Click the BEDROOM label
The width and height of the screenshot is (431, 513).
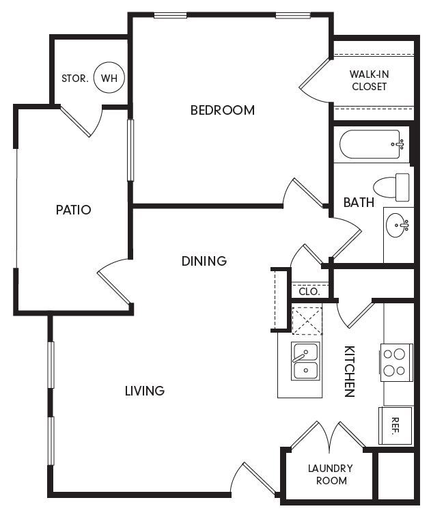(x=222, y=110)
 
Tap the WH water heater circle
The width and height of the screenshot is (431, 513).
(x=109, y=78)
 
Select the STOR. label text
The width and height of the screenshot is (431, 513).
(x=75, y=79)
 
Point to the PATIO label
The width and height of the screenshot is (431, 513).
(x=73, y=210)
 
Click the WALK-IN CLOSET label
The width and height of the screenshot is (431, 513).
(x=369, y=80)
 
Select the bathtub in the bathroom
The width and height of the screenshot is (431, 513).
(x=372, y=144)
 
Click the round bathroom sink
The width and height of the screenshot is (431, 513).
(x=398, y=225)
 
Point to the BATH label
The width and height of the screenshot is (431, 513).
(x=359, y=202)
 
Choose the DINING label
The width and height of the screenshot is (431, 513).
(x=204, y=261)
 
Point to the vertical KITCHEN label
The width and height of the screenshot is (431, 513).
(x=348, y=371)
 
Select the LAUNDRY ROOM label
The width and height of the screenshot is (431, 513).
(x=330, y=474)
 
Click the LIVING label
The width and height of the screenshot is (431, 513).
(x=145, y=391)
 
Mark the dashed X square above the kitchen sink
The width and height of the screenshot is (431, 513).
(x=307, y=320)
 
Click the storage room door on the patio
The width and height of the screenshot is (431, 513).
(x=82, y=121)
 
